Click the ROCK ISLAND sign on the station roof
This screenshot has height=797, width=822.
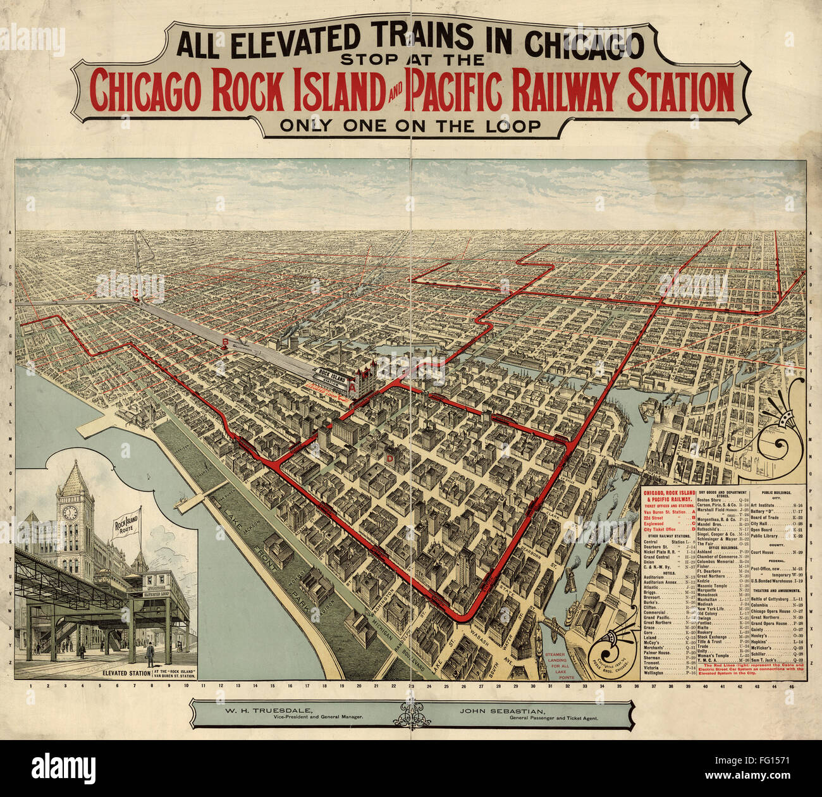point(333,376)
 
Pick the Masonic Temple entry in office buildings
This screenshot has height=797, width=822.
point(712,586)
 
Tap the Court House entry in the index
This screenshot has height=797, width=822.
point(762,552)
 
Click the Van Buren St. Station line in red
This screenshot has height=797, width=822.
point(665,512)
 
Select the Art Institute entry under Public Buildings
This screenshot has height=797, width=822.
point(762,505)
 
